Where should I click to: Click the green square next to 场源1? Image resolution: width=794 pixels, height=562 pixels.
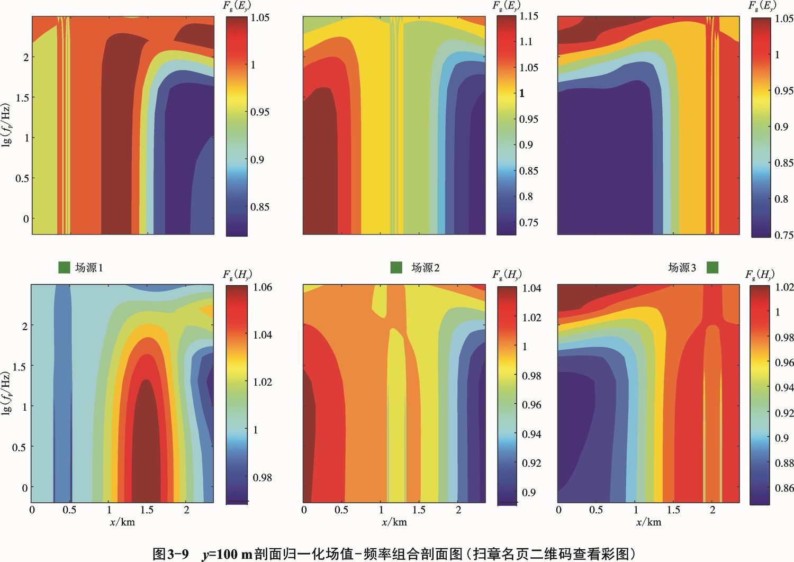click(64, 268)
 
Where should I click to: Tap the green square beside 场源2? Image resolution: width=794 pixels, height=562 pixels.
click(396, 268)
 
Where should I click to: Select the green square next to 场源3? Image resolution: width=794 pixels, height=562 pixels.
click(712, 268)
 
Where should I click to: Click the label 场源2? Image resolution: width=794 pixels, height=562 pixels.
click(426, 268)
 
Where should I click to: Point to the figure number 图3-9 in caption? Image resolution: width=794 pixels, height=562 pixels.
click(170, 554)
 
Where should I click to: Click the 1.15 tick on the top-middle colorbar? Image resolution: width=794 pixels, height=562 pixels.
click(529, 16)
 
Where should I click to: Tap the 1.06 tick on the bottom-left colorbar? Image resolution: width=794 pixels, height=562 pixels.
click(263, 287)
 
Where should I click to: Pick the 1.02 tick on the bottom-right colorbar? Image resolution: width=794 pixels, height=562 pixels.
click(784, 287)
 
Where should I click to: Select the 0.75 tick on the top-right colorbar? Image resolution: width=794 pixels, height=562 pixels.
click(784, 235)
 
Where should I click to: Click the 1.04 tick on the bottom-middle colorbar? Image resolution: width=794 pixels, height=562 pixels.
click(531, 288)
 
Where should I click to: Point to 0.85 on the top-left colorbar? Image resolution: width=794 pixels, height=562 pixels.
click(259, 207)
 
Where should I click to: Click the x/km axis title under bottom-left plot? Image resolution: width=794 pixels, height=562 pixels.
click(122, 522)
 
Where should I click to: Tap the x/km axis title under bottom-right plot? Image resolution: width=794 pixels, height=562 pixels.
click(648, 522)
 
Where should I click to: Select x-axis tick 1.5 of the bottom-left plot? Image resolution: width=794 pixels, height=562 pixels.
click(147, 510)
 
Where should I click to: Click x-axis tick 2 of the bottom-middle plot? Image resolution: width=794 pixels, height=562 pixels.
click(458, 510)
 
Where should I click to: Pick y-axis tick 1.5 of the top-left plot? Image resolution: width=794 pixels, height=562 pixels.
click(22, 98)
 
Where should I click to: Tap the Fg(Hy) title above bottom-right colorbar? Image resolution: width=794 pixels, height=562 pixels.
click(760, 275)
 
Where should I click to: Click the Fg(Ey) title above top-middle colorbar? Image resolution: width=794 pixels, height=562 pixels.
click(506, 6)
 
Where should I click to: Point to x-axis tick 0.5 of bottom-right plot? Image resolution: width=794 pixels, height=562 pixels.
click(596, 510)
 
